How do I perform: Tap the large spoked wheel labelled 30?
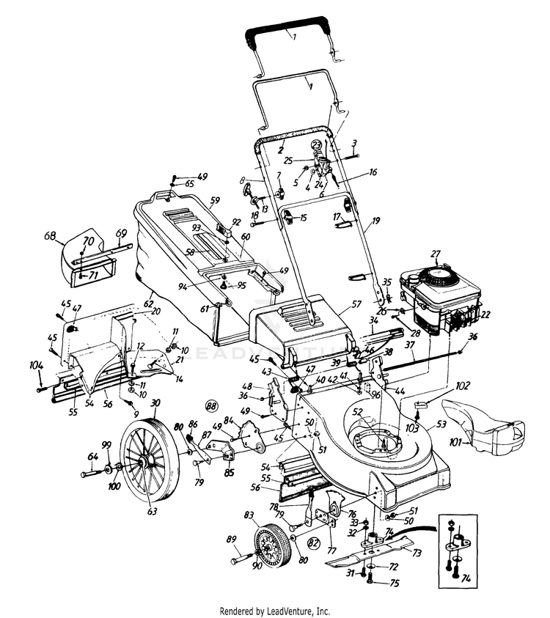pos(150,459)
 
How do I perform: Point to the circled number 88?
pos(212,405)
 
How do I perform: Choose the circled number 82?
pos(313,542)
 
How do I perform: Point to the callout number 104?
pos(36,364)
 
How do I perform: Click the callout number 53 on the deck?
pos(441,423)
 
